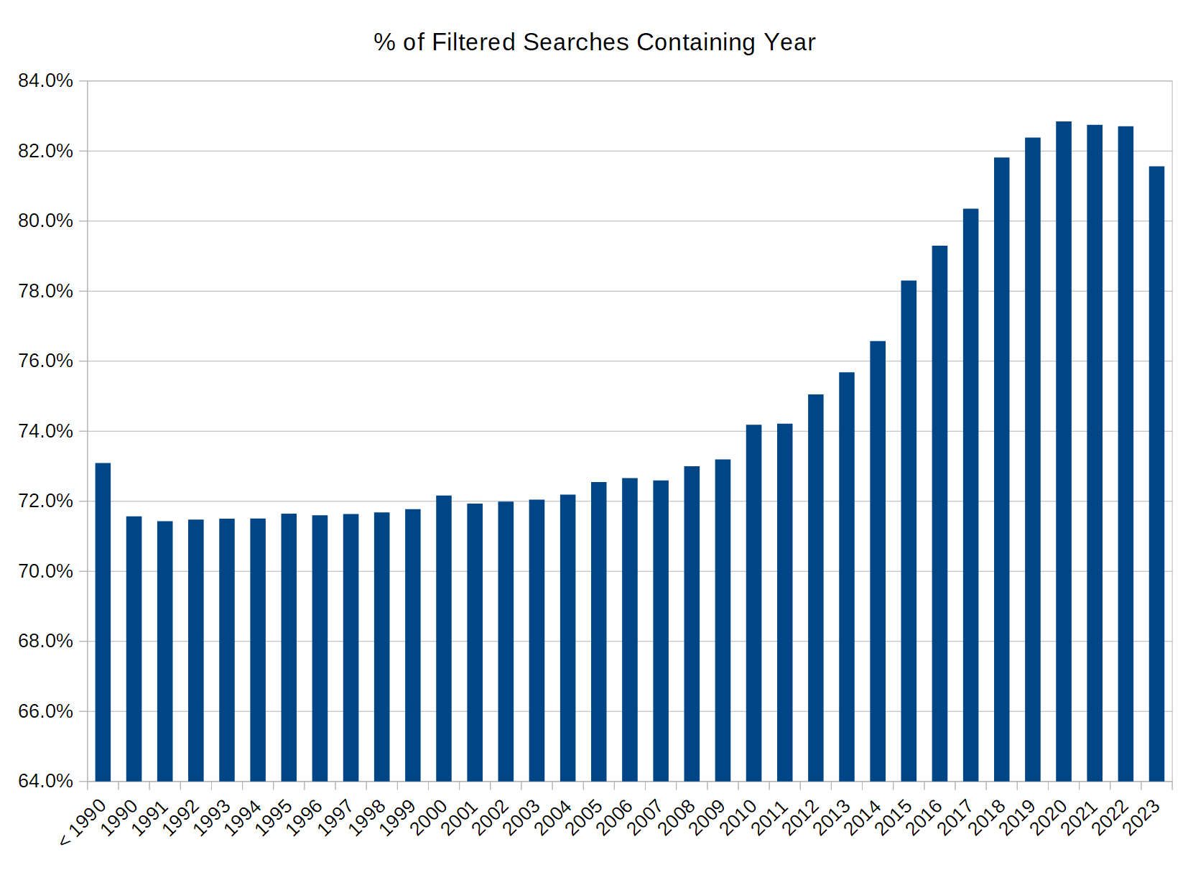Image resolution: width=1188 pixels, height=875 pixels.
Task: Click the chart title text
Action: [594, 42]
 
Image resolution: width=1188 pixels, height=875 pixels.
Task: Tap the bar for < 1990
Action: [103, 622]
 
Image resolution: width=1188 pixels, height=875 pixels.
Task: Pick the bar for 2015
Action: [909, 531]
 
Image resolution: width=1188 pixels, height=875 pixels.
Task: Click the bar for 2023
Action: [1156, 473]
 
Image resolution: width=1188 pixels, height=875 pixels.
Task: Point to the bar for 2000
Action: [444, 639]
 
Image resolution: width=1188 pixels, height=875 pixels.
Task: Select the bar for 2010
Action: [753, 603]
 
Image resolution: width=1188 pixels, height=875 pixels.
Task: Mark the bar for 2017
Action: [970, 495]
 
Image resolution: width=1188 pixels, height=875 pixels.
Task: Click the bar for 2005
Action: [598, 631]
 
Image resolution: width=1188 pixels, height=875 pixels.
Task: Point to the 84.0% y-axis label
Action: [45, 81]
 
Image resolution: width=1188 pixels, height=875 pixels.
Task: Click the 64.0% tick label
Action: [45, 781]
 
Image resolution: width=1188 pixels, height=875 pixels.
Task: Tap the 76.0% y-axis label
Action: [45, 361]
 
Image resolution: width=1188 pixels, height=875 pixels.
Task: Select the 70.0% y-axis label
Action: [45, 571]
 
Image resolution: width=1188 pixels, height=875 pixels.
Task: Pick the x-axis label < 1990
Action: [84, 822]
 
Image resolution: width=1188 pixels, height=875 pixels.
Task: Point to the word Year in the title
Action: [789, 42]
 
